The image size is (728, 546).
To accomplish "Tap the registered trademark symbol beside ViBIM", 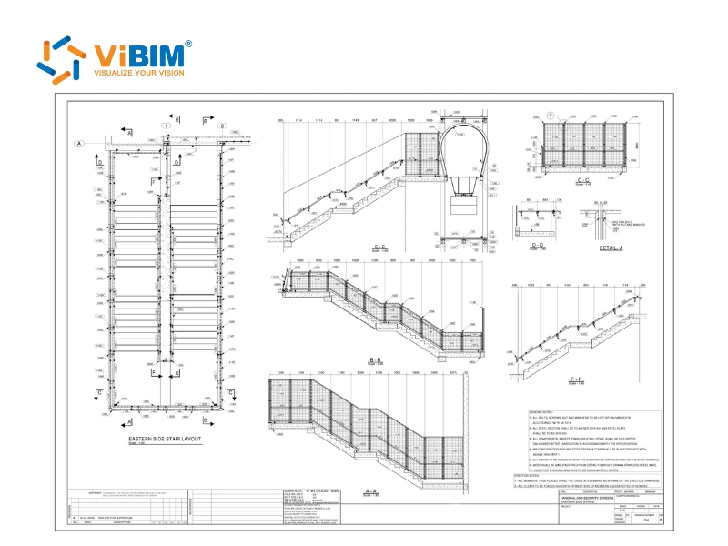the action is (x=188, y=44).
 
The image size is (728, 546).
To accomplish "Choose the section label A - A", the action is (x=371, y=492).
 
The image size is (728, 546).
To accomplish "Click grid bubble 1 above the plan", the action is (x=166, y=126).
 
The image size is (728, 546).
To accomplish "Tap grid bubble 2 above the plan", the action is (x=222, y=126).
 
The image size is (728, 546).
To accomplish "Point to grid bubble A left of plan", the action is (x=79, y=143).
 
